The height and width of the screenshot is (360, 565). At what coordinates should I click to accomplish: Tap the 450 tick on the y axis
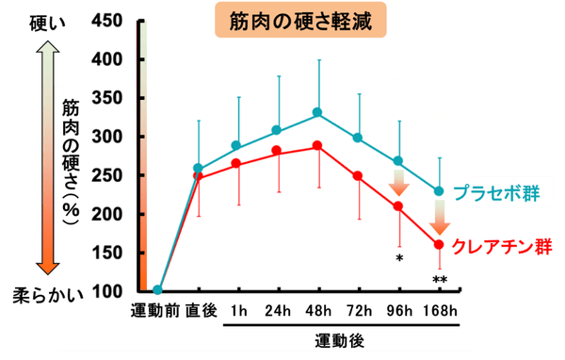[115, 22]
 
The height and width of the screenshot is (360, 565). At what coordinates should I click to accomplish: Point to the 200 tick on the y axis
[115, 214]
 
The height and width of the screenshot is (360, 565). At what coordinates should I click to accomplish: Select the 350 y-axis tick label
[115, 99]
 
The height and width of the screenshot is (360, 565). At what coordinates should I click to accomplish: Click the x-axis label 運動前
[156, 311]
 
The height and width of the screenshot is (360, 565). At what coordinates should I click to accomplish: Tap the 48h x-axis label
[317, 311]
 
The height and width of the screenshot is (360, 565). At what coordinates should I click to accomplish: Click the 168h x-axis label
[438, 311]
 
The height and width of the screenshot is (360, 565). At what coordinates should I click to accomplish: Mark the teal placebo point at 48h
[317, 113]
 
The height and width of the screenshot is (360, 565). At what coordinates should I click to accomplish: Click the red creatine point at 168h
[438, 244]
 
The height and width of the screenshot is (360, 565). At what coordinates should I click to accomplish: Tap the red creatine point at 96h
[397, 206]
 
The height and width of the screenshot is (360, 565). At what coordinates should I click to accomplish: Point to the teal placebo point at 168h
[438, 191]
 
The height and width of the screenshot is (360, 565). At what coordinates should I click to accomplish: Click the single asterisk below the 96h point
[399, 256]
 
